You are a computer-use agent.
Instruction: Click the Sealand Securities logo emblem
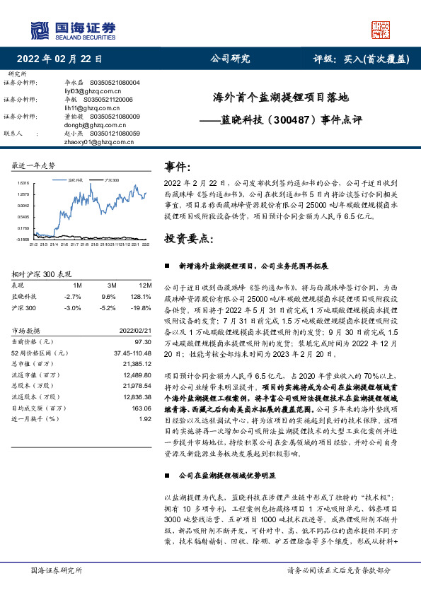point(40,30)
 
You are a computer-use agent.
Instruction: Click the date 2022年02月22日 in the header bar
point(59,59)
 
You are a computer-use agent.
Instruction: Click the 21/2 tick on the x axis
point(33,244)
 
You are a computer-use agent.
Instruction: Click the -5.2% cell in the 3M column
point(108,308)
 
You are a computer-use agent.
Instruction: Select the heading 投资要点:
point(189,239)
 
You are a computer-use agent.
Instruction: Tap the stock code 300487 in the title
point(292,120)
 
